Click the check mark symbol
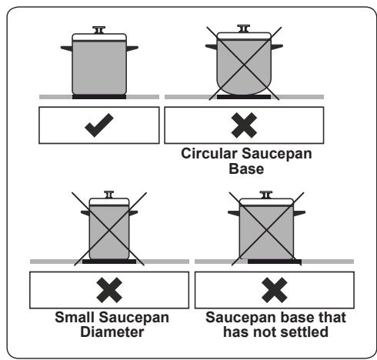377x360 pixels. tap(99, 125)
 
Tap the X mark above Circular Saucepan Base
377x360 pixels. tap(244, 125)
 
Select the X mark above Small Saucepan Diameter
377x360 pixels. tap(109, 290)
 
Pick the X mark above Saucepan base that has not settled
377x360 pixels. tap(275, 290)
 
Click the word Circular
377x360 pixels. tap(209, 154)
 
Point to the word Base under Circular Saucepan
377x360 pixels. tap(246, 168)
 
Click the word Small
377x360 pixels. tap(75, 317)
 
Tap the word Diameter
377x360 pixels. tap(112, 332)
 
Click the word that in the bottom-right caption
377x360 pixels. tap(332, 317)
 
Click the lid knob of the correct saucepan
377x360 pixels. tap(99, 30)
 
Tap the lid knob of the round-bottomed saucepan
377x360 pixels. tap(244, 28)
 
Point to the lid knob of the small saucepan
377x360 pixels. tap(109, 195)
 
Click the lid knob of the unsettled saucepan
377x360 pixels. tap(266, 195)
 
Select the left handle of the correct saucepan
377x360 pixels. tap(66, 48)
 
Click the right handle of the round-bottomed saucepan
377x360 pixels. tap(277, 47)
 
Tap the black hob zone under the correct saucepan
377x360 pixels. tap(99, 97)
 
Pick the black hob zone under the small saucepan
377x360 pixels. tap(109, 262)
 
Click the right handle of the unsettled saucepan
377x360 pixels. tap(299, 213)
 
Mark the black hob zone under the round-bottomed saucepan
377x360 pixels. tap(244, 97)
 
